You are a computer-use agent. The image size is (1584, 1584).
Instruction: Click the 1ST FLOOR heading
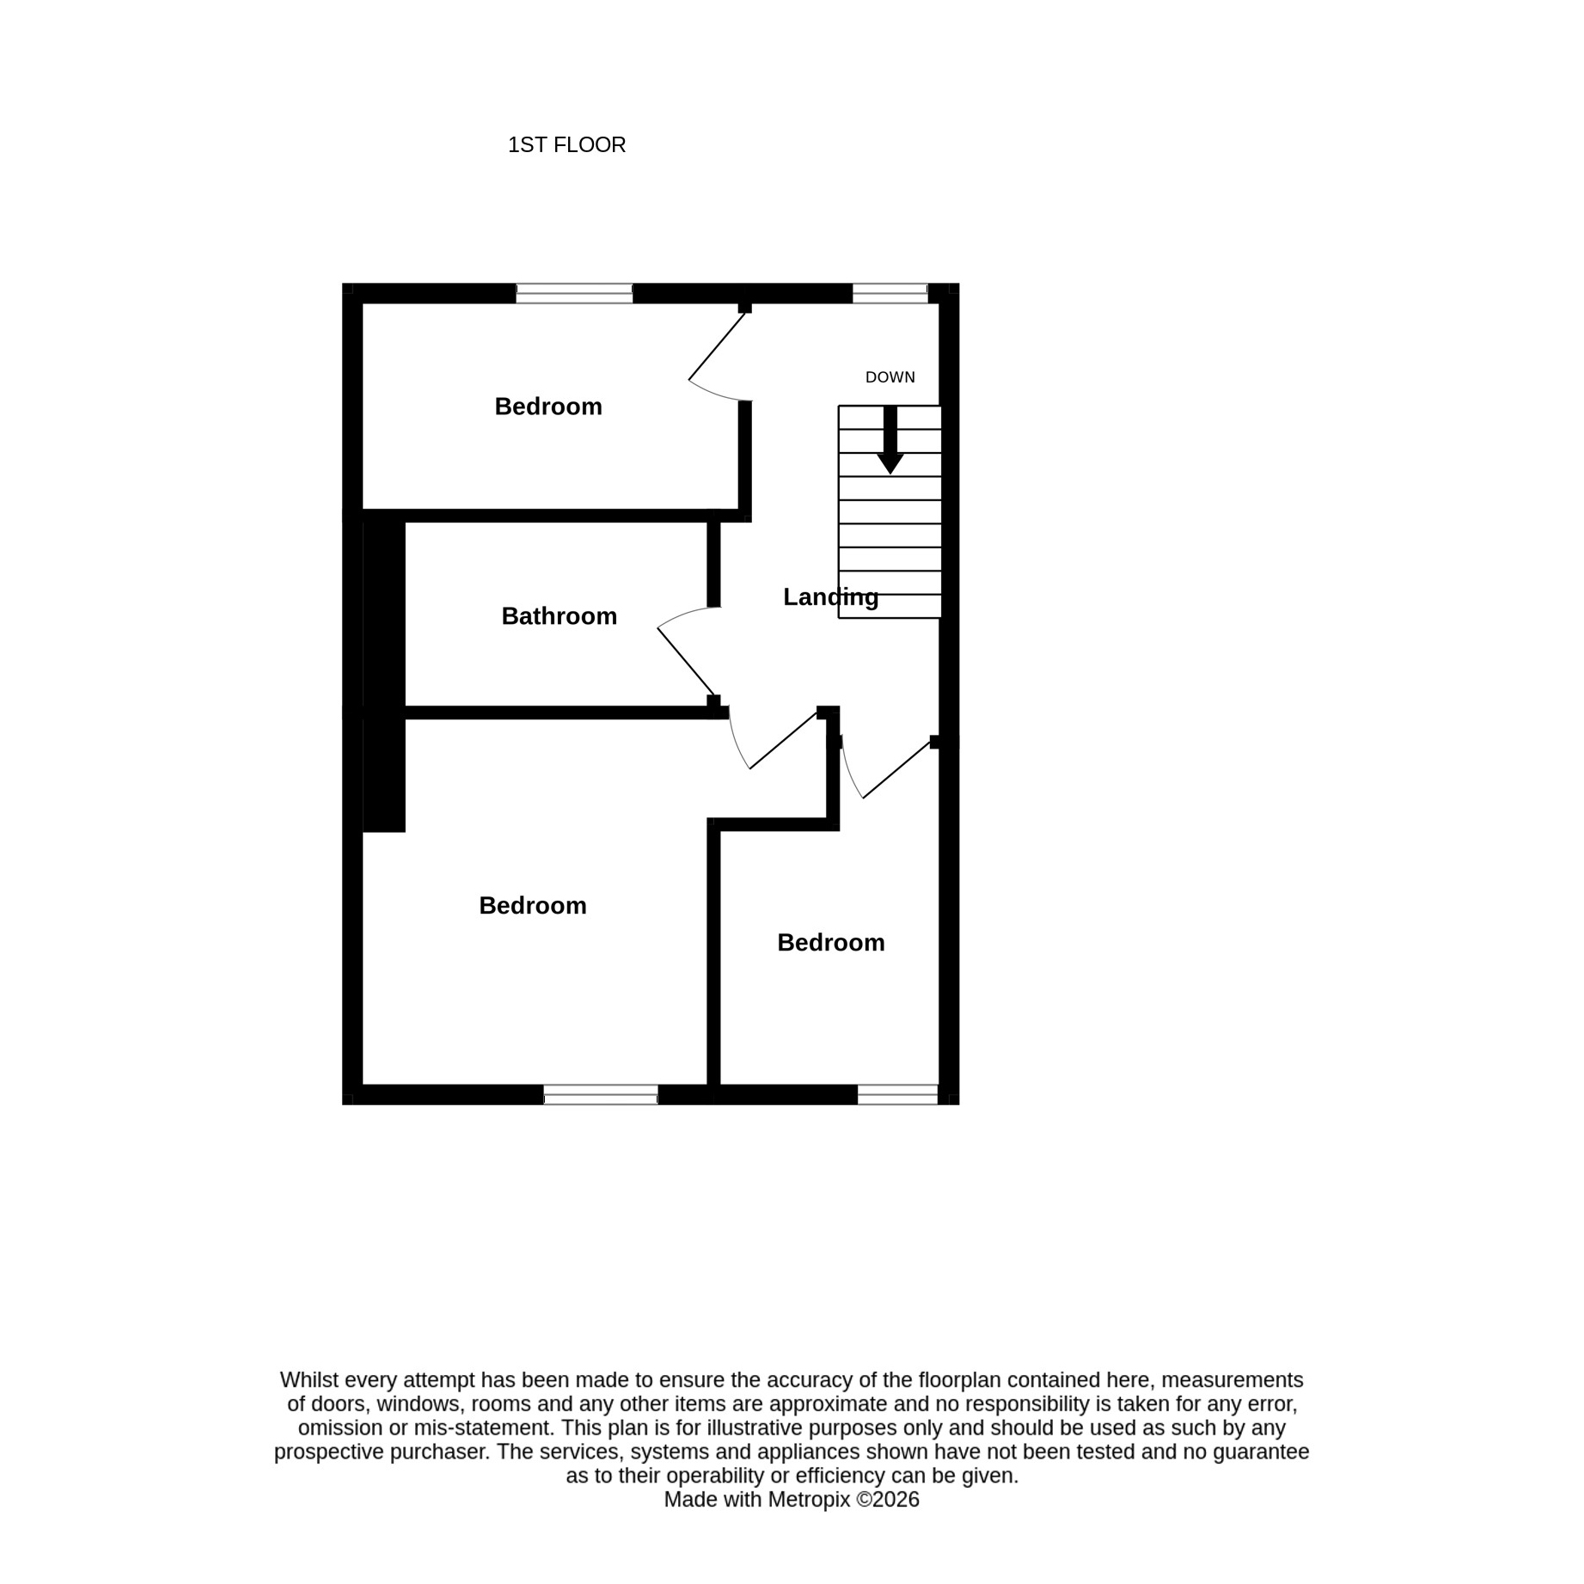[566, 144]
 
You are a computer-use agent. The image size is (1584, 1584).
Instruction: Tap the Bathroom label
[559, 615]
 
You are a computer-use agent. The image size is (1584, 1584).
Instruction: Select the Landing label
[830, 596]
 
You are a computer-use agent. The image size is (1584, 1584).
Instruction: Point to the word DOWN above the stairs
[890, 377]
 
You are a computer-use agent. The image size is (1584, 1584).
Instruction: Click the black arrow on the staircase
[890, 439]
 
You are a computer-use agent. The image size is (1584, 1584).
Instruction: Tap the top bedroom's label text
[548, 407]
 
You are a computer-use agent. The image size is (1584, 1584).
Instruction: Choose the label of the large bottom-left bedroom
[533, 905]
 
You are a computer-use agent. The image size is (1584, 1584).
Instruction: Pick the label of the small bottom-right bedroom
[830, 942]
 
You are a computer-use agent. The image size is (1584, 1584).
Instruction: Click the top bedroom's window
[574, 293]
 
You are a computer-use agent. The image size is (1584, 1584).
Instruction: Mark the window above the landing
[890, 293]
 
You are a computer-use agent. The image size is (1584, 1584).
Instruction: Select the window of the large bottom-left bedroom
[601, 1094]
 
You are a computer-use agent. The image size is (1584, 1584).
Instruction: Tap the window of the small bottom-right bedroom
[897, 1094]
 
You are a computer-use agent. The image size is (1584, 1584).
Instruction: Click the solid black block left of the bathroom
[383, 676]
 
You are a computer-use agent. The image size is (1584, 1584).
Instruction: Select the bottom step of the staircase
[890, 606]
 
